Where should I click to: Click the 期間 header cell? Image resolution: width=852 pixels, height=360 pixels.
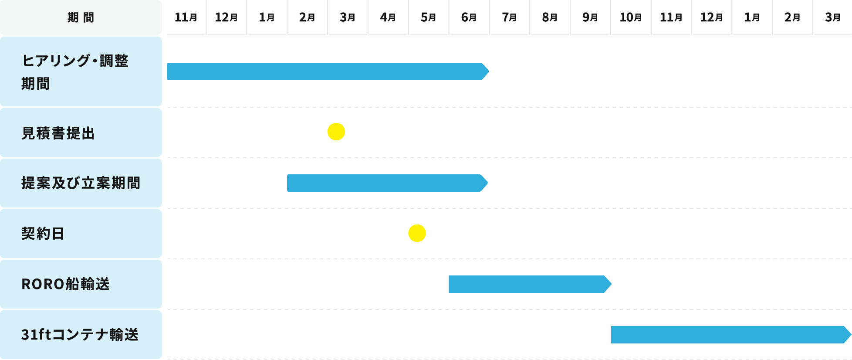click(81, 17)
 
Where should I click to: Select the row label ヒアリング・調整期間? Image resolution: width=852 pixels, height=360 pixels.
click(81, 71)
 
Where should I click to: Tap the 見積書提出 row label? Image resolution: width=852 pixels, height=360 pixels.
click(81, 132)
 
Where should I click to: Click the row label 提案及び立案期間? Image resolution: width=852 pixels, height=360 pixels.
click(81, 183)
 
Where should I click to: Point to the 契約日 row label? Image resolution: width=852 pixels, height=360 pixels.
click(81, 234)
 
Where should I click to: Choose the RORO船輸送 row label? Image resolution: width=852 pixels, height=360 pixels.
click(81, 284)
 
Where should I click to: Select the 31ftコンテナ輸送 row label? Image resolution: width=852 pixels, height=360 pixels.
click(81, 334)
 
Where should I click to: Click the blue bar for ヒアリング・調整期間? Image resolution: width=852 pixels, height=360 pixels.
click(327, 71)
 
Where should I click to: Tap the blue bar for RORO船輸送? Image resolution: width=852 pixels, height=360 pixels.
click(529, 284)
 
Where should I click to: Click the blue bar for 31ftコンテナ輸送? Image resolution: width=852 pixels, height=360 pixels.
click(730, 334)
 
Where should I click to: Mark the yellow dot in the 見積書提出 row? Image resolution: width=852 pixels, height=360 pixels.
click(336, 132)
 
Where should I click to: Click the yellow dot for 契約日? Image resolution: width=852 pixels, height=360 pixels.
click(417, 233)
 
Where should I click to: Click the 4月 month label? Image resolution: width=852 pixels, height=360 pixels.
click(388, 17)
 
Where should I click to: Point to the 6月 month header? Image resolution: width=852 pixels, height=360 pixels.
click(469, 17)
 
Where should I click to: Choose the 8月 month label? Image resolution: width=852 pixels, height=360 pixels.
click(550, 17)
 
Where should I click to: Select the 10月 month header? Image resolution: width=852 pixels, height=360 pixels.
click(631, 17)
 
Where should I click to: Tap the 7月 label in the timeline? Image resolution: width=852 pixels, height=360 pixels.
click(510, 17)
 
